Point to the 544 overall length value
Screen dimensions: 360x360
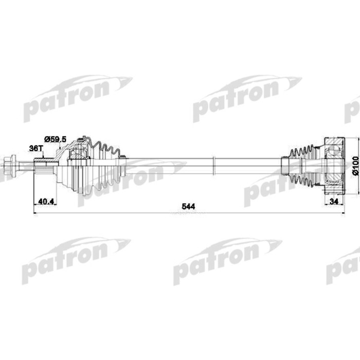point(188,207)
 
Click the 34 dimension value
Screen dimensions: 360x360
point(335,202)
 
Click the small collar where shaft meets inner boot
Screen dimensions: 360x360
point(283,165)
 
